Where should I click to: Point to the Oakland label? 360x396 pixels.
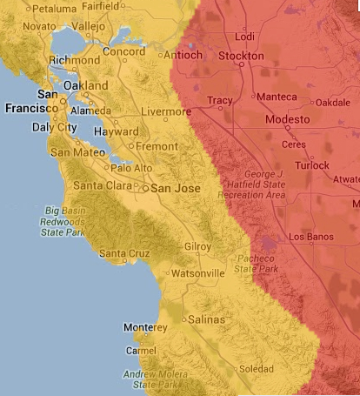click(86, 86)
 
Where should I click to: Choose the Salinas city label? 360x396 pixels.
click(207, 319)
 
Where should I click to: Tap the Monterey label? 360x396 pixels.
click(144, 327)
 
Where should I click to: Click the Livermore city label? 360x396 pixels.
click(165, 112)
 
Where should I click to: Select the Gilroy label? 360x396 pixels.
click(197, 247)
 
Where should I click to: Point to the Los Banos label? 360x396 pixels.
click(310, 237)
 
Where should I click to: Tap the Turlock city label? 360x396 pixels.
click(312, 165)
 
